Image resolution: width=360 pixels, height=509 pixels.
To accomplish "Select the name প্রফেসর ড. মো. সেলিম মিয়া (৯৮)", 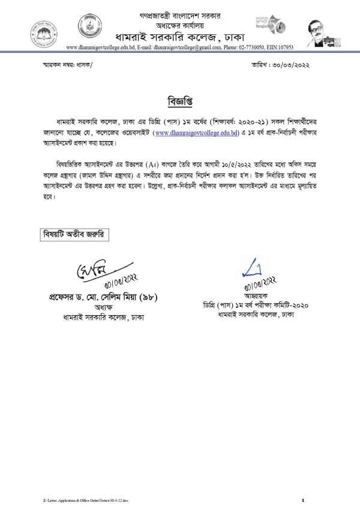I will [112, 298].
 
